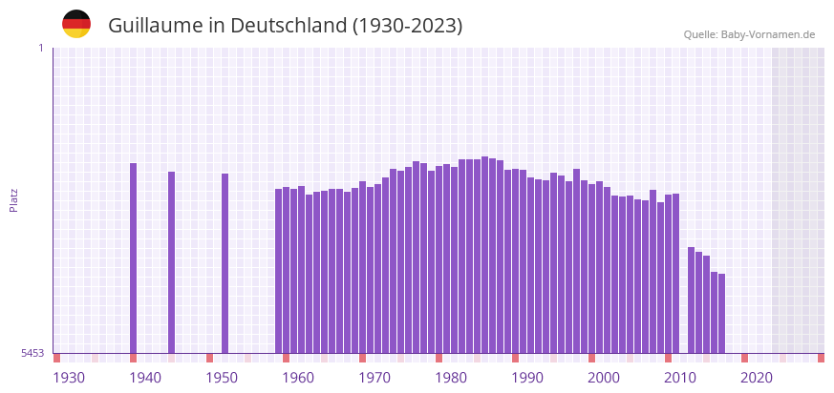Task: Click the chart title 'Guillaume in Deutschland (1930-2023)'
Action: click(x=285, y=26)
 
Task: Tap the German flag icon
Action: click(x=76, y=24)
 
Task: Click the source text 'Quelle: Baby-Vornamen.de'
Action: click(x=749, y=34)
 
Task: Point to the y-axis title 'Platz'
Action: click(x=14, y=199)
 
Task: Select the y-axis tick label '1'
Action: click(x=40, y=48)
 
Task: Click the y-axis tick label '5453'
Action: click(x=32, y=353)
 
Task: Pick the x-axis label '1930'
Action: click(x=69, y=378)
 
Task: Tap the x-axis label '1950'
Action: click(x=222, y=378)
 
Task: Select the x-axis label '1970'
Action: click(x=374, y=378)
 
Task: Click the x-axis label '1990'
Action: click(x=527, y=378)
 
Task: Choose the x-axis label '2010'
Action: click(x=680, y=378)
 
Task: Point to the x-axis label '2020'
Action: click(x=757, y=378)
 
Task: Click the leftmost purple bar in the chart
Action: click(x=134, y=258)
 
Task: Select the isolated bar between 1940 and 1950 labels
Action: click(x=172, y=262)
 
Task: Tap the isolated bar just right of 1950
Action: click(x=225, y=263)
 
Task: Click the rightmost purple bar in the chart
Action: click(x=722, y=313)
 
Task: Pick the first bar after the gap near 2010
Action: click(x=692, y=300)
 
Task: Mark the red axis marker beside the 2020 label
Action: click(x=745, y=358)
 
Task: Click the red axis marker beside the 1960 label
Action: click(x=287, y=358)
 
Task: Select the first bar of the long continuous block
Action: click(x=279, y=271)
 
